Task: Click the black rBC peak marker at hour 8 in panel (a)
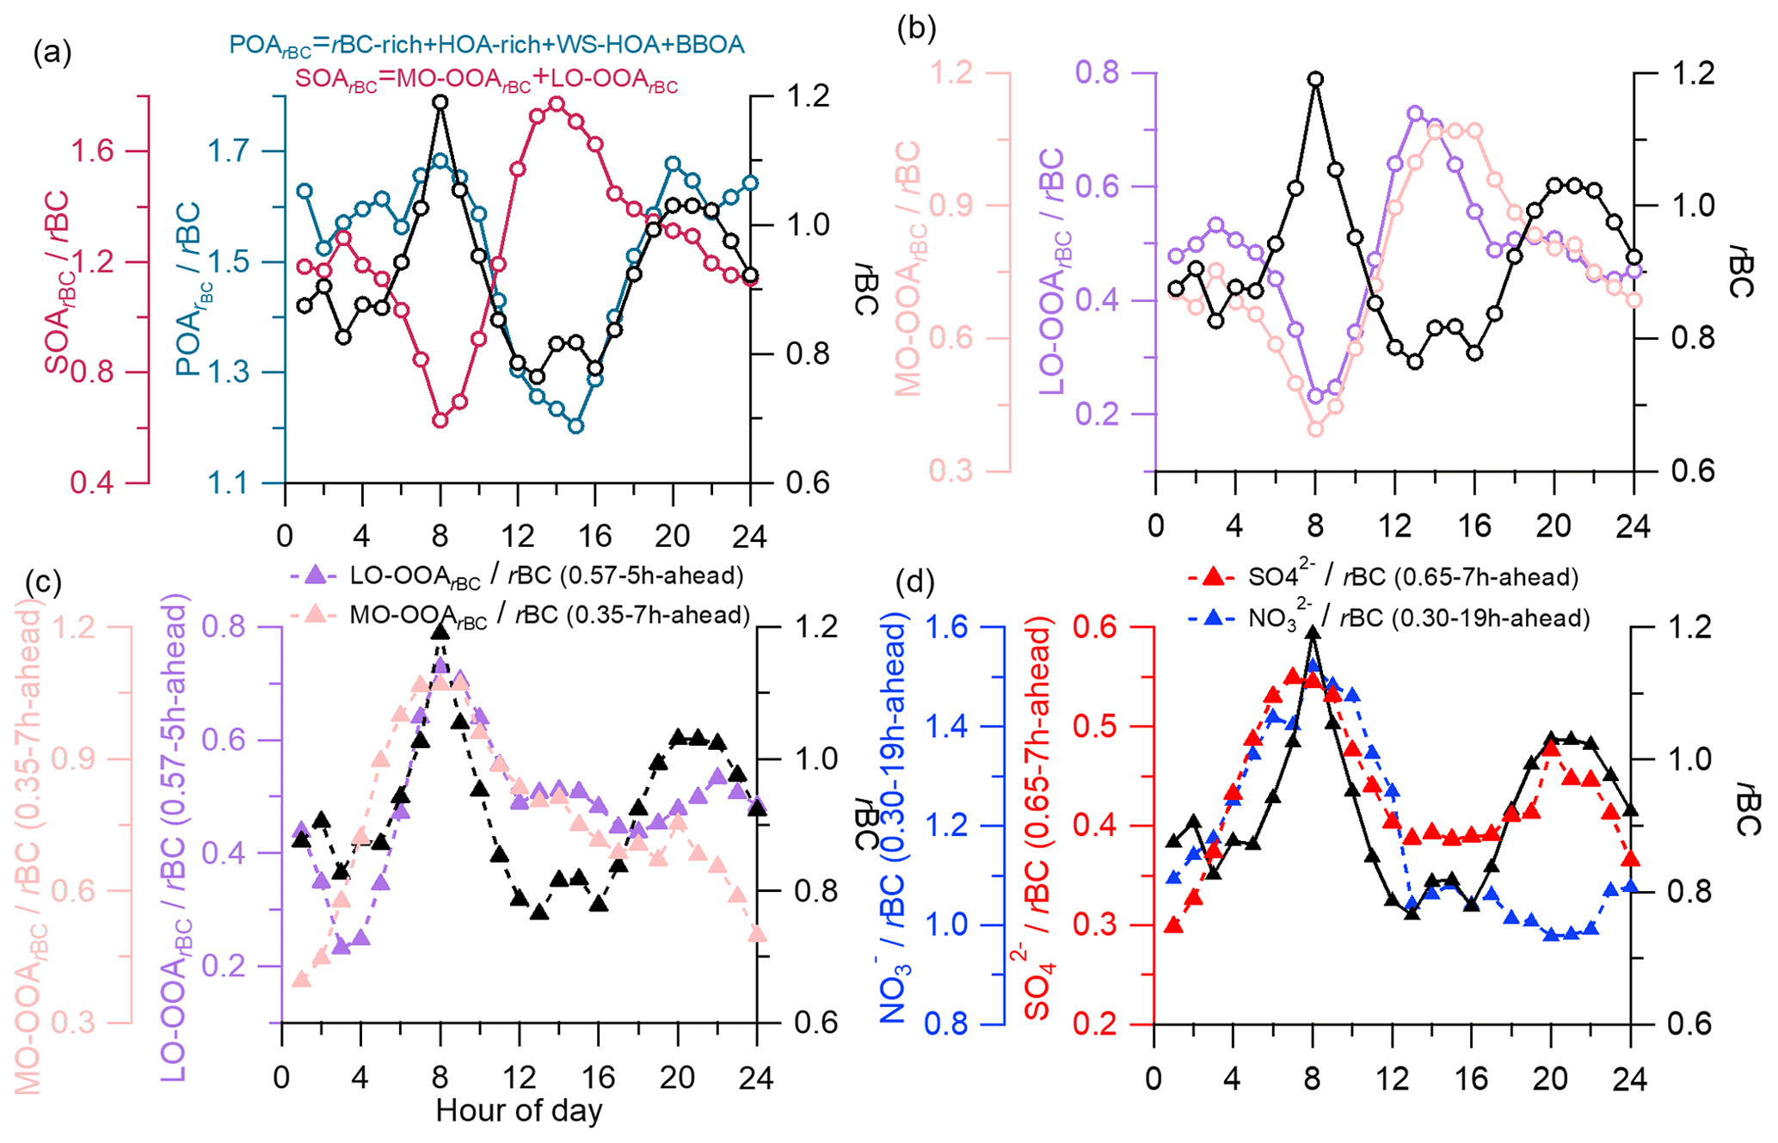440,102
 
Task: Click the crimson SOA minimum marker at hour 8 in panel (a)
440,421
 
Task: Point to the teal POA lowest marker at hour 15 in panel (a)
576,426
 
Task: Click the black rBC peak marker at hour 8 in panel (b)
1315,79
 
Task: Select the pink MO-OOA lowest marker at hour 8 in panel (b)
1315,429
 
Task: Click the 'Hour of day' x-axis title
519,1110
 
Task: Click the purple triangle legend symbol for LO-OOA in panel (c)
317,575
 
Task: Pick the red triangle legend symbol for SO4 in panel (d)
1213,575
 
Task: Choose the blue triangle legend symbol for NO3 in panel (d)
1213,617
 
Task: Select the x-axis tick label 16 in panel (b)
1475,525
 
